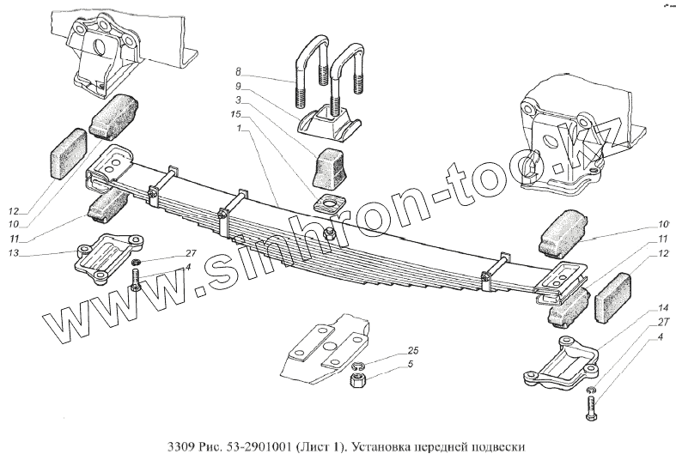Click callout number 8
(x=239, y=73)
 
